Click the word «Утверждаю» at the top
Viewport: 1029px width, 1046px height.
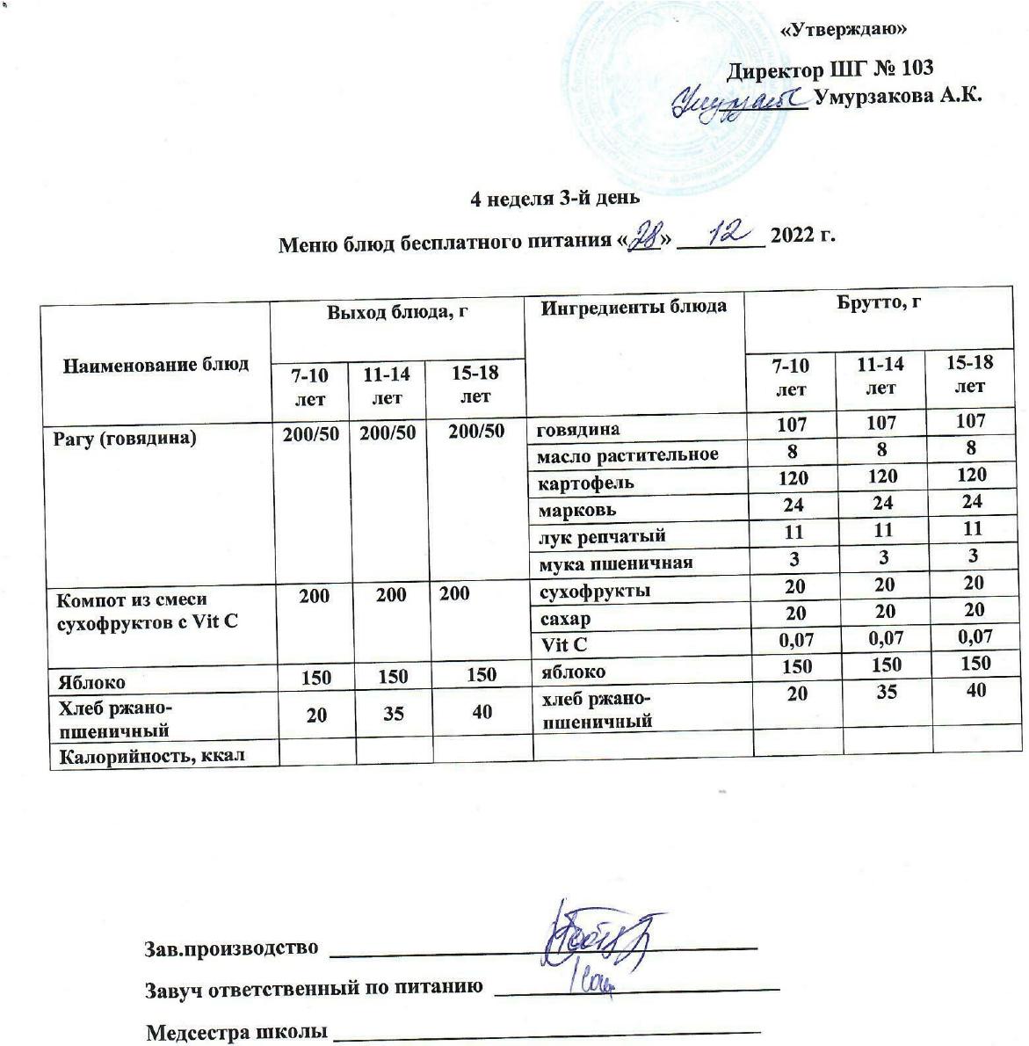(x=844, y=30)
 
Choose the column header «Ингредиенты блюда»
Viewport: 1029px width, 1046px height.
(x=634, y=308)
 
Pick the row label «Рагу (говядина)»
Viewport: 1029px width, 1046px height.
(x=123, y=438)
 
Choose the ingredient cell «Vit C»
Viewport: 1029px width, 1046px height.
(x=564, y=644)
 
